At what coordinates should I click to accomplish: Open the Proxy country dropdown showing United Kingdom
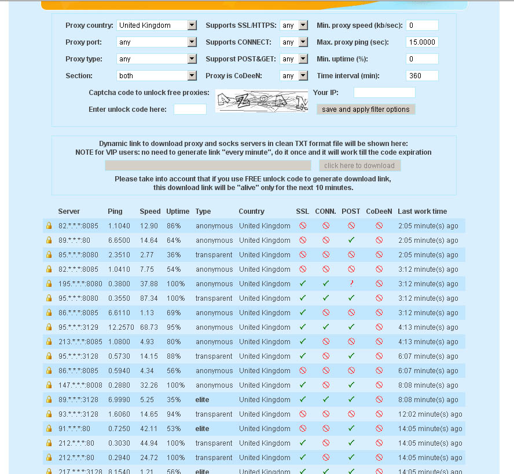pos(157,25)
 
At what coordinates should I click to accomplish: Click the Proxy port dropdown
pos(157,42)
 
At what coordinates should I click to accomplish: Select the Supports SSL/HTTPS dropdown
pos(295,25)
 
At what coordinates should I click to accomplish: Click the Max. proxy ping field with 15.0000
pos(422,42)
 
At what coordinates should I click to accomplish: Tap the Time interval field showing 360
pos(422,76)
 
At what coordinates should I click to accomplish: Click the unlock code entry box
pos(190,110)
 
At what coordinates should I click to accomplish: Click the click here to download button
pos(359,166)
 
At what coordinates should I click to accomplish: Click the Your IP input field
pos(384,93)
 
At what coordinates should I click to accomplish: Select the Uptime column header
pos(178,212)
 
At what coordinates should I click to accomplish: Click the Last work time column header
pos(422,212)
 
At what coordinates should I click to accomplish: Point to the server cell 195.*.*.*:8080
pos(80,284)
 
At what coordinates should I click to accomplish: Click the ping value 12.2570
pos(119,327)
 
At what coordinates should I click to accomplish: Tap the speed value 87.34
pos(149,298)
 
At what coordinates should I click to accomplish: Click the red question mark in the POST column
pos(351,284)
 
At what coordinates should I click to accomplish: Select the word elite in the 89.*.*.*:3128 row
pos(202,400)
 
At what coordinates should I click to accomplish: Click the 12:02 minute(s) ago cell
pos(430,414)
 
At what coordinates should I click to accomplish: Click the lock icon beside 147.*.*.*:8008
pos(49,385)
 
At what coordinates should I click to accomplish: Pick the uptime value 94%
pos(174,414)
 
